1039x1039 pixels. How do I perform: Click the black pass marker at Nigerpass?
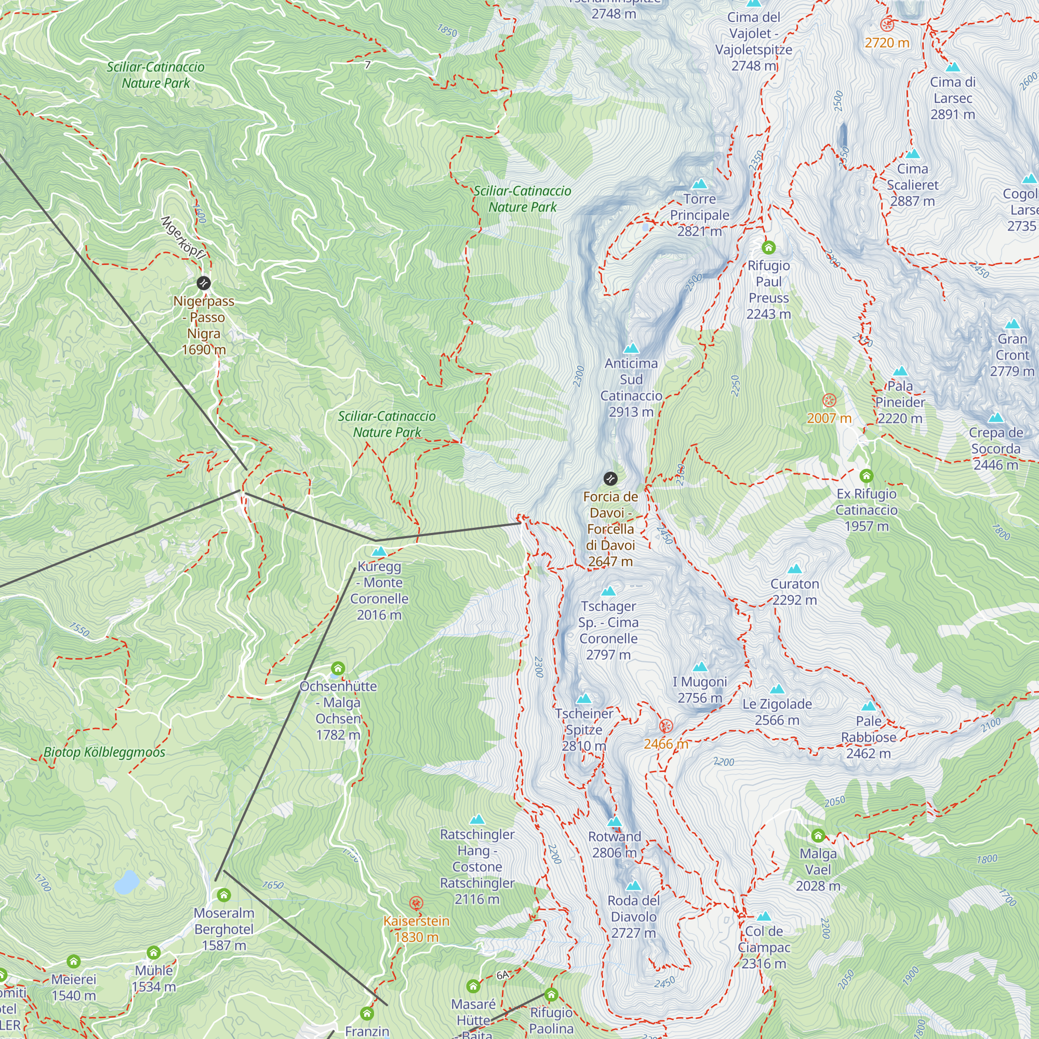[x=203, y=283]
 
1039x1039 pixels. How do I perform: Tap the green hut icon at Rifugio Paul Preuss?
[x=768, y=248]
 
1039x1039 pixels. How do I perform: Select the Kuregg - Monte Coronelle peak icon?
[x=379, y=552]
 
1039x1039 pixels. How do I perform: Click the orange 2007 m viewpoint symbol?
[x=829, y=400]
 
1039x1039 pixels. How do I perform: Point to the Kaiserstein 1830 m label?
[x=416, y=929]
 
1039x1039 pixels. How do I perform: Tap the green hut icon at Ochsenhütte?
[x=338, y=669]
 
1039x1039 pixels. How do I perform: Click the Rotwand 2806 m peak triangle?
[x=614, y=822]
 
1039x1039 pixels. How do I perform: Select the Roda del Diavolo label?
[x=633, y=916]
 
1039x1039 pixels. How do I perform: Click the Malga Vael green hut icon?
[x=818, y=836]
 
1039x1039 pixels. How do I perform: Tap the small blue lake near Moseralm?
[x=127, y=882]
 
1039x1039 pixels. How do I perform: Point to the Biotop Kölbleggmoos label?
[x=104, y=752]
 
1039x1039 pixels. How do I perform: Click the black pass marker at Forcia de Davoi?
[x=610, y=478]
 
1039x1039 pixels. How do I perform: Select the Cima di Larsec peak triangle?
[x=952, y=67]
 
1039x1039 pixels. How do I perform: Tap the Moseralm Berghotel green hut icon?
[x=224, y=896]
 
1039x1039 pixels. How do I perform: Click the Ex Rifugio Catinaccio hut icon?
[x=866, y=476]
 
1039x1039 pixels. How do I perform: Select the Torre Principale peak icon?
[x=699, y=184]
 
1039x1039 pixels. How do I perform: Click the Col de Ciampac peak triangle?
[x=764, y=916]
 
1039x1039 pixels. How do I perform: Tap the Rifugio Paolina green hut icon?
[x=551, y=994]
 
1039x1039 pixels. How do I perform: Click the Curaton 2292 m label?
[x=794, y=592]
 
